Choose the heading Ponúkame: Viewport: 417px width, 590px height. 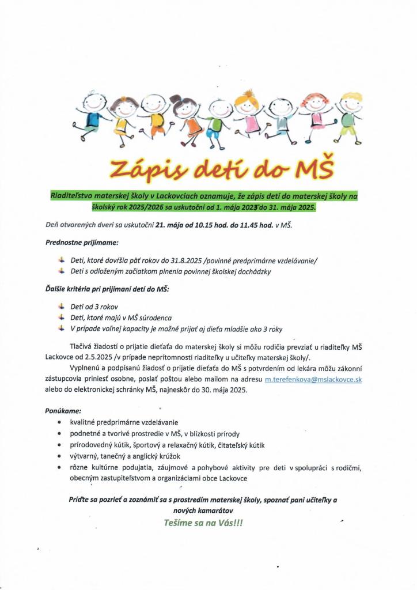(63, 412)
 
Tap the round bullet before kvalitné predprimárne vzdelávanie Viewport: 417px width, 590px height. (61, 423)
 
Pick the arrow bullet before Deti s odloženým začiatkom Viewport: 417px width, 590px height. (62, 271)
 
